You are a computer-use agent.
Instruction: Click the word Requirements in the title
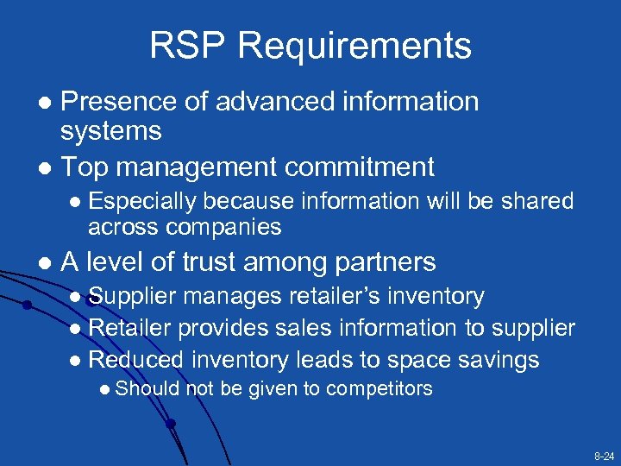349,45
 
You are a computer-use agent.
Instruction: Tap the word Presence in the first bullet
115,101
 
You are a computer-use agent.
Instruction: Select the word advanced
266,101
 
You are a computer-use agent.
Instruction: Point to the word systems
111,131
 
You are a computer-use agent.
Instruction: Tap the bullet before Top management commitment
46,167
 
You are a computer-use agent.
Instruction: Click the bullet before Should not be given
104,390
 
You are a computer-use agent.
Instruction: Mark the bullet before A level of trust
46,262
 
